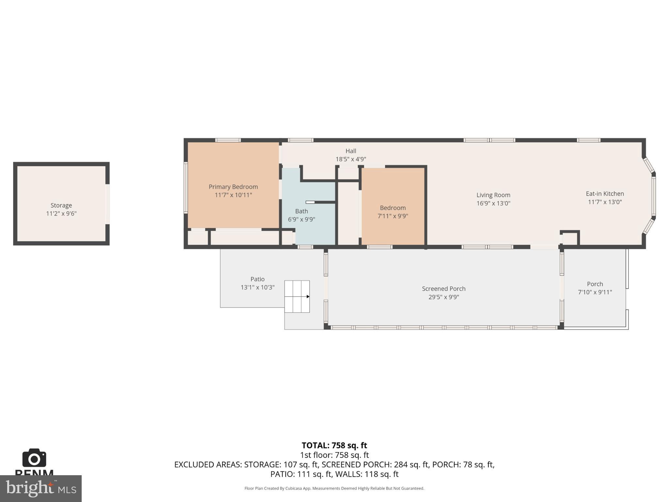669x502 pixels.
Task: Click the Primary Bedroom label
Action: click(233, 187)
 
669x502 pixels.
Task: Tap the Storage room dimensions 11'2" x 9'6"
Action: click(61, 214)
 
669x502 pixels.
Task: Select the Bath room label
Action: click(301, 211)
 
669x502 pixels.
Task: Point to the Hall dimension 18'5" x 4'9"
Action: click(351, 159)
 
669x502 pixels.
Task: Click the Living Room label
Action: click(493, 195)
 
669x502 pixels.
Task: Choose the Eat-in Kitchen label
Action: click(604, 194)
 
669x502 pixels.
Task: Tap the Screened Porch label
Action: click(443, 289)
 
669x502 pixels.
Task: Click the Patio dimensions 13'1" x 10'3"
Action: click(257, 288)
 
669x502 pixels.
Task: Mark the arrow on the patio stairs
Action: click(308, 296)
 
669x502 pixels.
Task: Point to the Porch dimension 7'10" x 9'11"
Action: click(595, 292)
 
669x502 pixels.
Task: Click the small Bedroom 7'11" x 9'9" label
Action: click(392, 212)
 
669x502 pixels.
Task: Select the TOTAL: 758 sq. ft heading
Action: click(334, 445)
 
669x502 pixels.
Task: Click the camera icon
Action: click(34, 458)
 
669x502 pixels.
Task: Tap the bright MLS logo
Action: click(41, 489)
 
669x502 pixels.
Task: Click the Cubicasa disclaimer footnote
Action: click(334, 489)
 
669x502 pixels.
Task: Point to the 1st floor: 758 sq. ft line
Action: click(334, 455)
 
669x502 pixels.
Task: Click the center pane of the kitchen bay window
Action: click(653, 196)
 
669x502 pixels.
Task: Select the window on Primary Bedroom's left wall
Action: click(186, 188)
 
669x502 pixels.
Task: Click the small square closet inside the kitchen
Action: click(570, 239)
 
